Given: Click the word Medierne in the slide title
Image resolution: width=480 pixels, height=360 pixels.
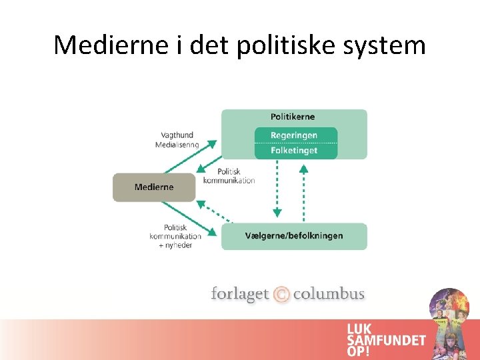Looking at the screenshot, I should pos(111,45).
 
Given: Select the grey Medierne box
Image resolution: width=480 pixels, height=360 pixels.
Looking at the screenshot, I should pos(154,187).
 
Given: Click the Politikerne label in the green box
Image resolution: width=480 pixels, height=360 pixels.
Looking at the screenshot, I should pos(293,117).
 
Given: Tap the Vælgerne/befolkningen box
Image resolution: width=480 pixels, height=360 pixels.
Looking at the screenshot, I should pos(294,236).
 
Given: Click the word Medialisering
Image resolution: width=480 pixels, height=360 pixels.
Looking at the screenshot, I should pos(177,145).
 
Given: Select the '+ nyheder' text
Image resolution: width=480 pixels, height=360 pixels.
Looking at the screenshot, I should pos(175,245).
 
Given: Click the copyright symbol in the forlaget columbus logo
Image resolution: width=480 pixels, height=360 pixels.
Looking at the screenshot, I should pos(281,294).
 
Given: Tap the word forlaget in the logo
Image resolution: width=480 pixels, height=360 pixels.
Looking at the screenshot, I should pos(239,294).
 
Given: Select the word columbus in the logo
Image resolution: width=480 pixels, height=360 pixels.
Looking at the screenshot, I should pos(329,294).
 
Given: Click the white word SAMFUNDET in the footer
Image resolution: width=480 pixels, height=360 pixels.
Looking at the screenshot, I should pos(386,340).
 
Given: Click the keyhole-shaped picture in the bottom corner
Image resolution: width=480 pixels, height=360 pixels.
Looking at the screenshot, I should pos(449,323).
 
